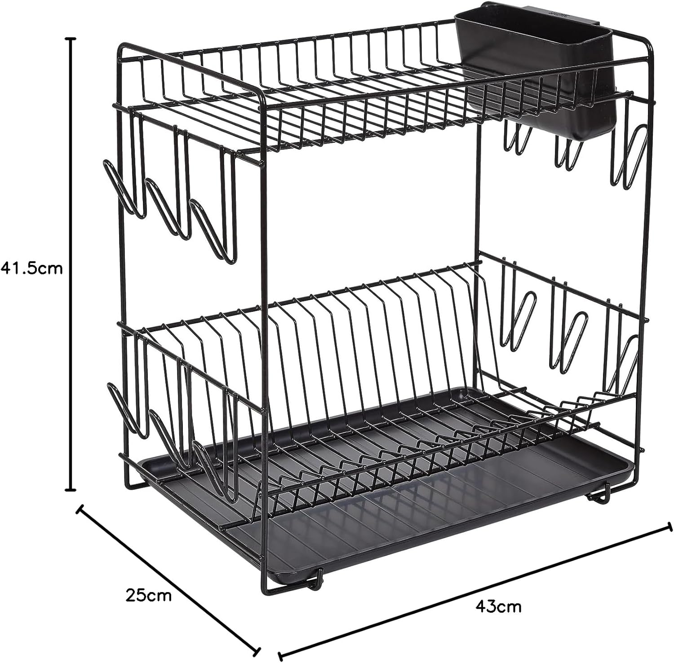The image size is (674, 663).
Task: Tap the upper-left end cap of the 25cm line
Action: pos(80,509)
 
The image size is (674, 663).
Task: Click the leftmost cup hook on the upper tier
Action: pos(119,189)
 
